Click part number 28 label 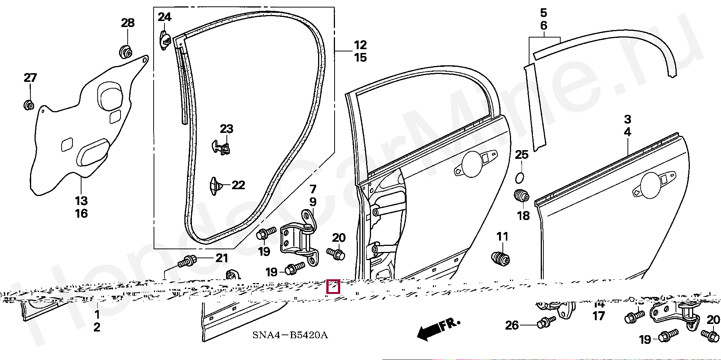pos(128,23)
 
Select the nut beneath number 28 pos(126,51)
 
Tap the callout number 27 pos(30,78)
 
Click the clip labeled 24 pos(165,39)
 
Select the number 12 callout pos(360,45)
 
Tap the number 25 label pos(522,155)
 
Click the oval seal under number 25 pos(519,178)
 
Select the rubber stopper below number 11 pos(501,258)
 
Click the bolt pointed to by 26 pos(546,322)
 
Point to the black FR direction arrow pos(438,328)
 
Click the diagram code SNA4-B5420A pos(290,335)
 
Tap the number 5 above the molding pos(544,13)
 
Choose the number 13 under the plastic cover pos(81,201)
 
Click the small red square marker pos(333,286)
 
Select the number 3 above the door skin pos(627,119)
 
